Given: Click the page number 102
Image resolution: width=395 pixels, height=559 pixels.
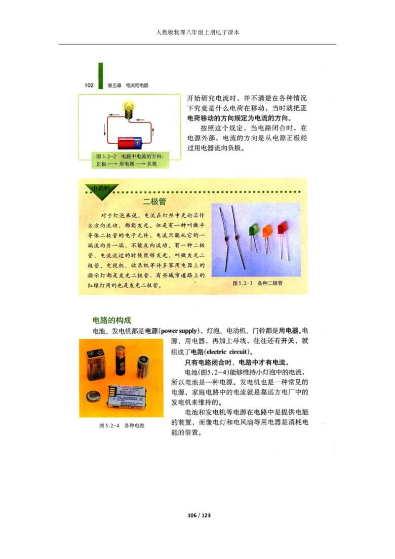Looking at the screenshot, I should pos(89,85).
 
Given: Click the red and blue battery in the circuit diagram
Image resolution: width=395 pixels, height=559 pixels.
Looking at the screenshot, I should pos(129,143).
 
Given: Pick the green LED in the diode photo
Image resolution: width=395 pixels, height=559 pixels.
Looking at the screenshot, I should pos(254,230).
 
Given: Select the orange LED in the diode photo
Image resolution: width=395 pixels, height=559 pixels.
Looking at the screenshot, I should pos(267,231).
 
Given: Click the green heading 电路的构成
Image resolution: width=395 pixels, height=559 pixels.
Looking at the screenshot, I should pos(112,320).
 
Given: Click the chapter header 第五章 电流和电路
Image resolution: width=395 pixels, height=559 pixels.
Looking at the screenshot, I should pos(128,85).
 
